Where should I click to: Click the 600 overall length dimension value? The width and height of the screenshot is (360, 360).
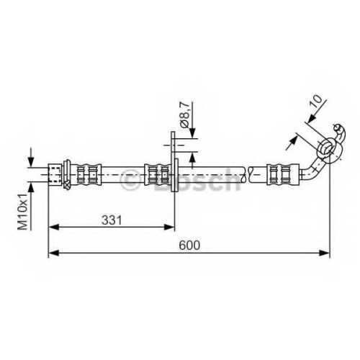[x=189, y=246]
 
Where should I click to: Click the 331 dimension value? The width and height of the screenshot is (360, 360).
[x=112, y=220]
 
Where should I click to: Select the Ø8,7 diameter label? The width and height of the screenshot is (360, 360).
[x=184, y=114]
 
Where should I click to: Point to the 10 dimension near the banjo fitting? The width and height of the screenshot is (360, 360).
[x=315, y=102]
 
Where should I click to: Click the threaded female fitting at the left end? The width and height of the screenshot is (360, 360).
[x=55, y=174]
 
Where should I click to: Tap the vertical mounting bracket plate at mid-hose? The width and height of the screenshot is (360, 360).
[x=174, y=161]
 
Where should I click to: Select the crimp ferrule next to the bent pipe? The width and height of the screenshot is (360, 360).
[x=283, y=174]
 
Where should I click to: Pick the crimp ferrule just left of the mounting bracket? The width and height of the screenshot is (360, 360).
[x=157, y=174]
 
